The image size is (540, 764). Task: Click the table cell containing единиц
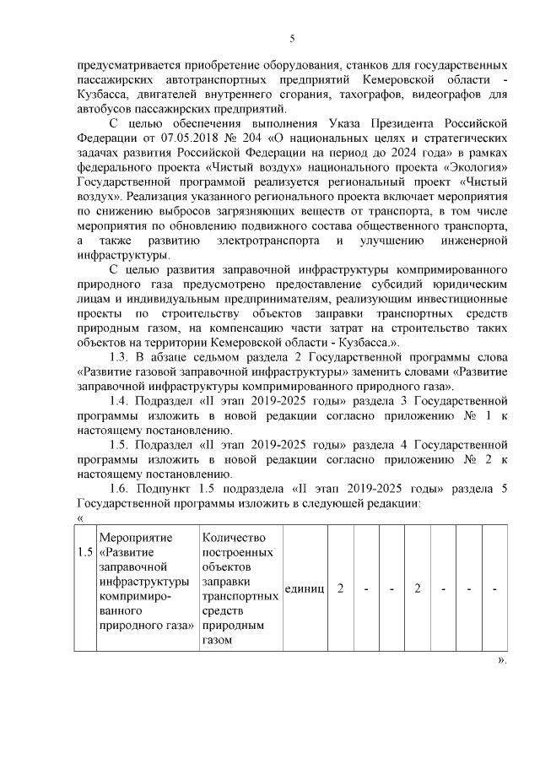305,588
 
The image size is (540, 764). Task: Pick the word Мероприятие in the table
135,538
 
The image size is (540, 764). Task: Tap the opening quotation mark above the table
80,518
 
